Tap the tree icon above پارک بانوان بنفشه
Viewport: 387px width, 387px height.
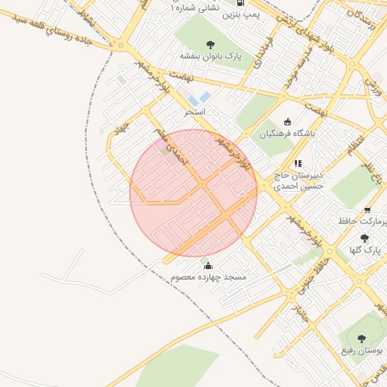coord(208,42)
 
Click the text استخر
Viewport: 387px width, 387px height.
coord(195,112)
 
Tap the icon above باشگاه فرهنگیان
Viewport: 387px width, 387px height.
coord(286,122)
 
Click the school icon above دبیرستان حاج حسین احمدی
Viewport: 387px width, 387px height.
coord(298,163)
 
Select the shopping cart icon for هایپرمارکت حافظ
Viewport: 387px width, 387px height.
coord(367,210)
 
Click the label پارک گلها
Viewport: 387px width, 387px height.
coord(365,249)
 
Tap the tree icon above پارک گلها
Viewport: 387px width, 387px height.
coord(365,237)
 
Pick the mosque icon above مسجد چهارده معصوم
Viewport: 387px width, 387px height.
coord(209,265)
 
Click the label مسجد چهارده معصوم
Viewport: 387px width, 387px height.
coord(209,278)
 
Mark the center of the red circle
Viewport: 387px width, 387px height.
coord(193,193)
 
